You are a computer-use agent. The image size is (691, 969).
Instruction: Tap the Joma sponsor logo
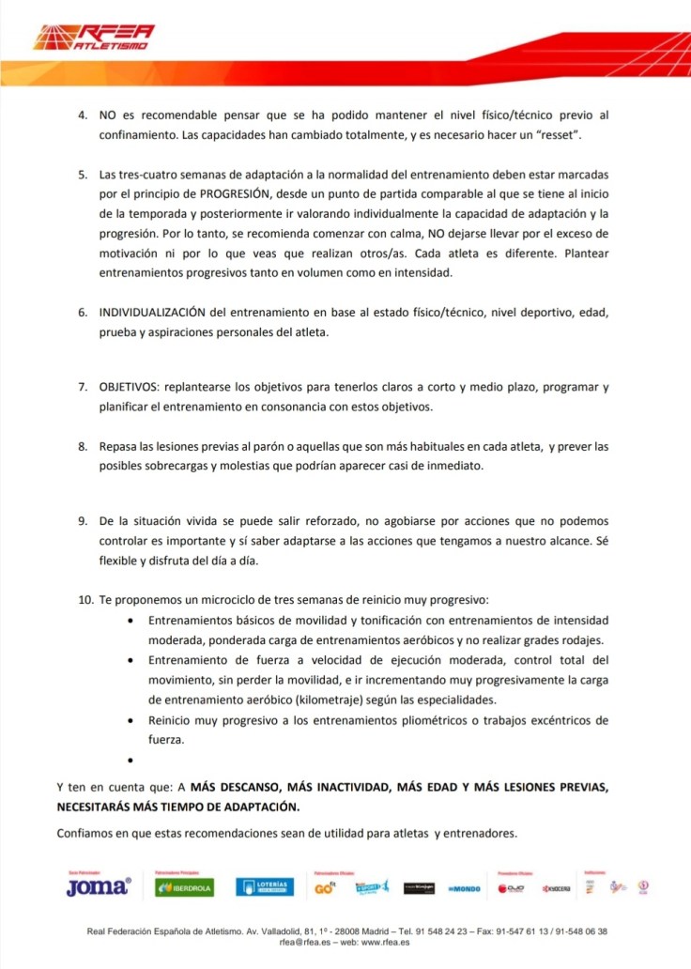point(98,886)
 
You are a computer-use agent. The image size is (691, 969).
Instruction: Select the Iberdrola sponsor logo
point(185,887)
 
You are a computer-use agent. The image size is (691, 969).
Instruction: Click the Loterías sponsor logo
point(264,886)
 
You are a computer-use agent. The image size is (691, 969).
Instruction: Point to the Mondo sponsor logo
point(466,887)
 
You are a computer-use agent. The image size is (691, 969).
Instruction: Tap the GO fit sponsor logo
point(325,886)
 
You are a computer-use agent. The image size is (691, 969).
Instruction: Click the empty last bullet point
point(130,758)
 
